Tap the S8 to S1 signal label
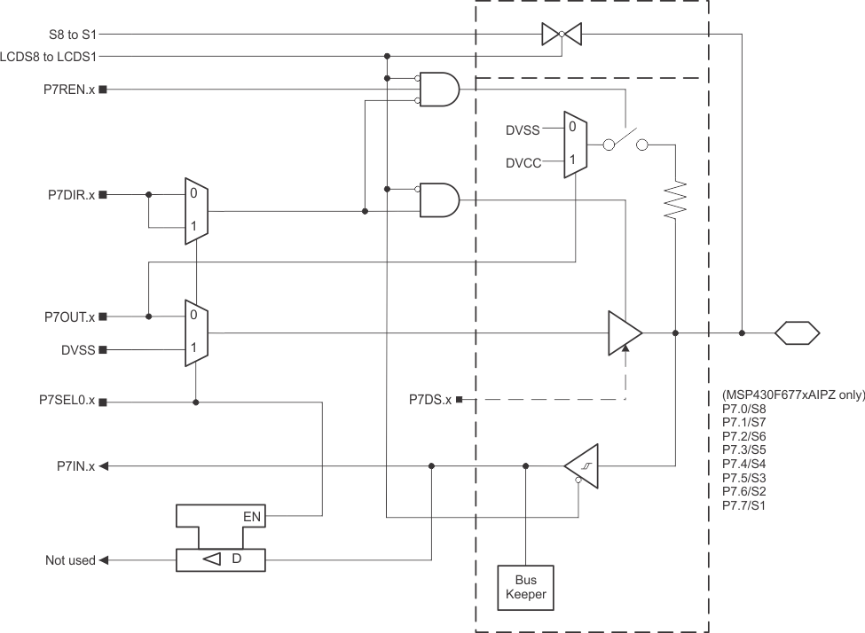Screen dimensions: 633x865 coord(74,35)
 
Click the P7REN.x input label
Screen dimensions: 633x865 coord(69,90)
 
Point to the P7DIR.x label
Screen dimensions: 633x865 coord(71,194)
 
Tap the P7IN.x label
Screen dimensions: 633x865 coord(77,465)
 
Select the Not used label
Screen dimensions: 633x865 coord(70,560)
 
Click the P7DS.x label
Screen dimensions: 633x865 coord(430,401)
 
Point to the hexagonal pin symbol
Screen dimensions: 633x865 coord(796,334)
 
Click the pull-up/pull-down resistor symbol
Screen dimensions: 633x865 coord(676,199)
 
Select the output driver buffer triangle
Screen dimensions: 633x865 coord(625,334)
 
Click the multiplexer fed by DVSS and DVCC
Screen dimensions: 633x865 coord(574,144)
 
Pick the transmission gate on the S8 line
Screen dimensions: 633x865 coord(561,35)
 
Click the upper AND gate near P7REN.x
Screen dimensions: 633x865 coord(438,90)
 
